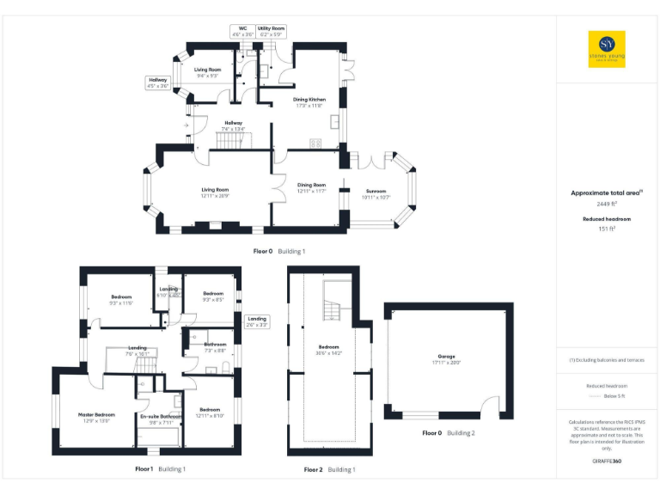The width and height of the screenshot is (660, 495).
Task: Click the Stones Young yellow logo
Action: (607, 49)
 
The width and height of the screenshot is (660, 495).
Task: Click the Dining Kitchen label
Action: (309, 101)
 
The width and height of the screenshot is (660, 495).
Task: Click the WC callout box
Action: (242, 32)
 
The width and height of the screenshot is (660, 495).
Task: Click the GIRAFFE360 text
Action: (607, 462)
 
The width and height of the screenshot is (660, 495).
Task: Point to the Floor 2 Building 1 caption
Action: (329, 470)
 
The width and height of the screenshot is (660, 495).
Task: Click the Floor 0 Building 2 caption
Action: (448, 433)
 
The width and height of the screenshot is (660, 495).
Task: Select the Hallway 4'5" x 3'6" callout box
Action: (159, 82)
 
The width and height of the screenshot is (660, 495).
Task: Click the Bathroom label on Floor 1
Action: (215, 347)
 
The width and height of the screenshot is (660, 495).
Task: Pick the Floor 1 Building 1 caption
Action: (160, 469)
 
